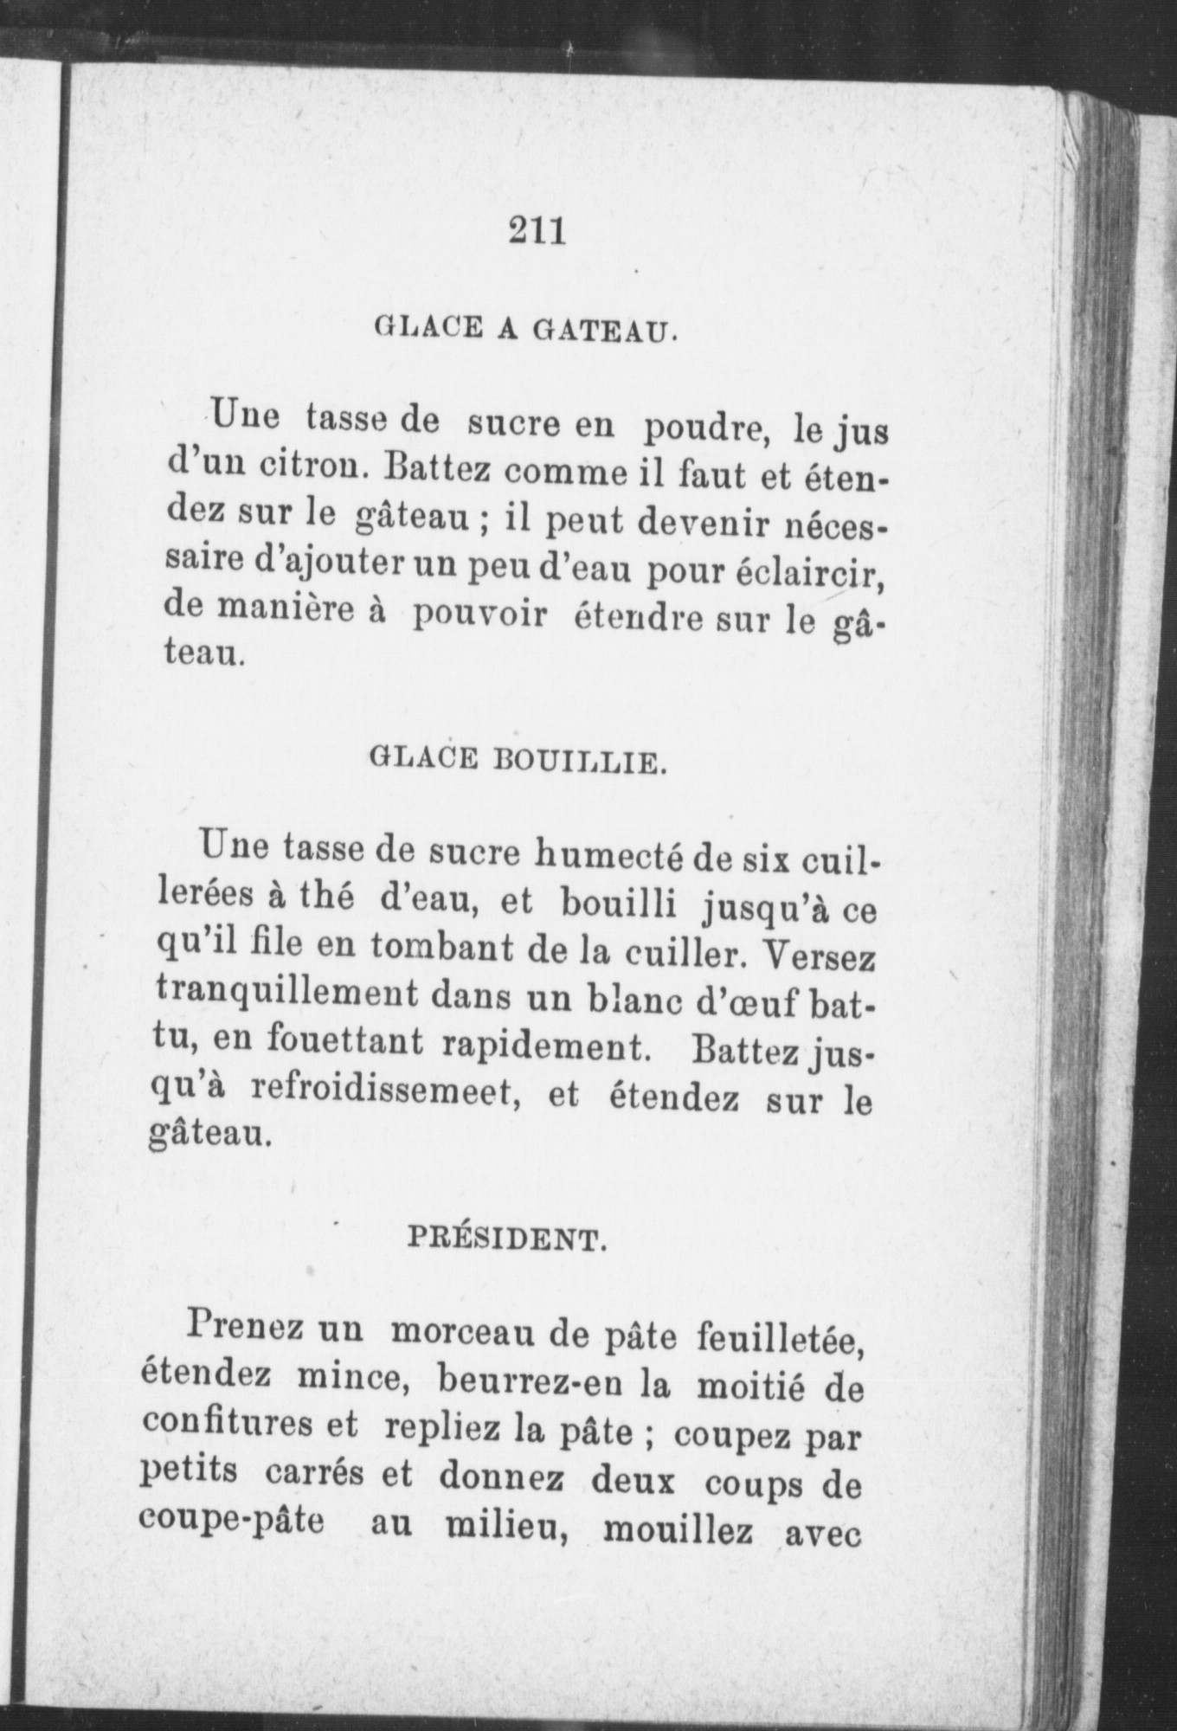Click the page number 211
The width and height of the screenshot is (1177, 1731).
pyautogui.click(x=537, y=231)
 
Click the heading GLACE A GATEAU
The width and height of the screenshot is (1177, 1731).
pyautogui.click(x=524, y=329)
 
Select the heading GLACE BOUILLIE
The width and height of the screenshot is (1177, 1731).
pyautogui.click(x=518, y=762)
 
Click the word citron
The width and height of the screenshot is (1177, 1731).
pyautogui.click(x=325, y=473)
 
